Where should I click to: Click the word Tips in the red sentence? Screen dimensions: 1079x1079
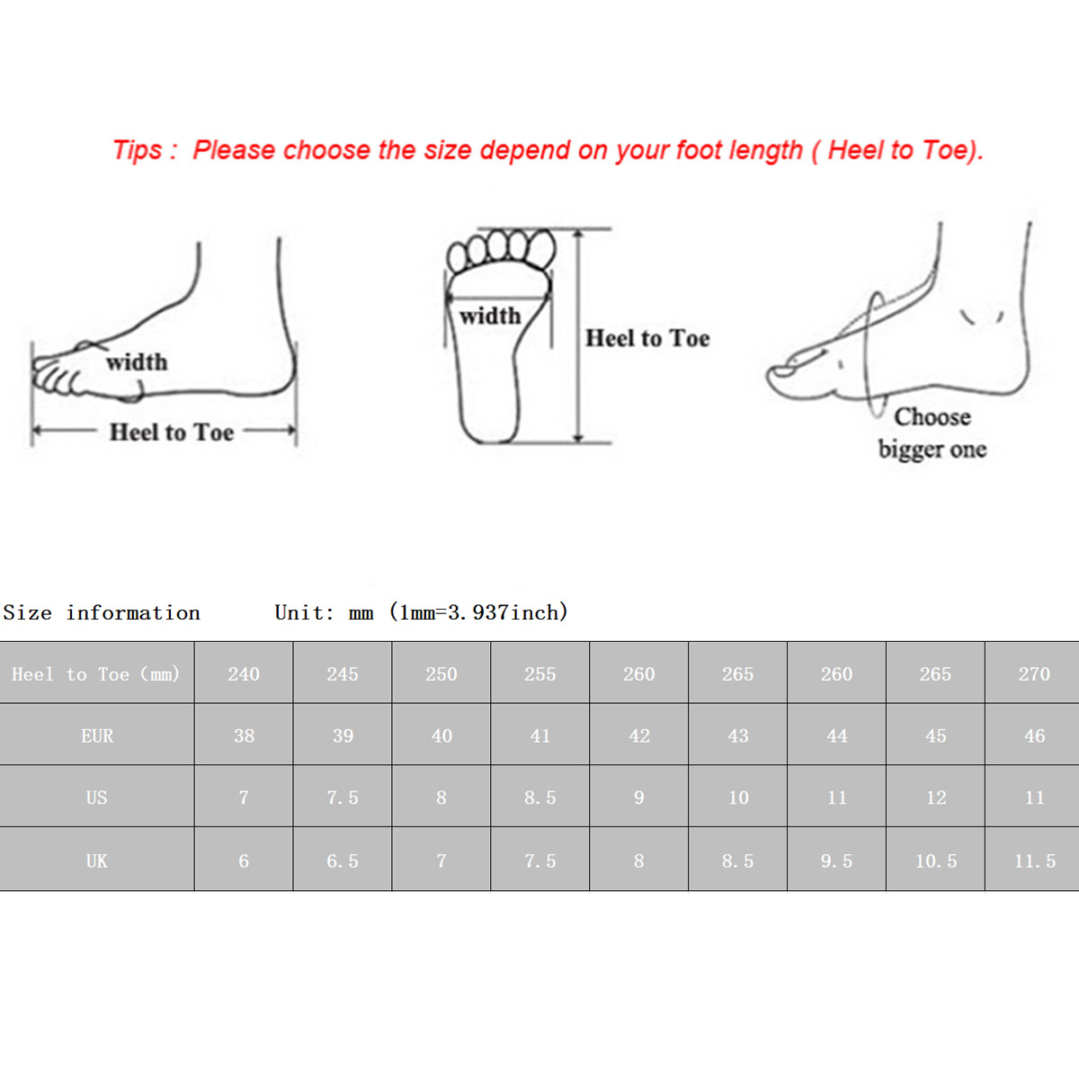138,150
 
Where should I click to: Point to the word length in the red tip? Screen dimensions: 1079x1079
766,151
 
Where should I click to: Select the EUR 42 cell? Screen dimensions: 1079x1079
639,736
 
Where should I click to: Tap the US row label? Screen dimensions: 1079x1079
96,798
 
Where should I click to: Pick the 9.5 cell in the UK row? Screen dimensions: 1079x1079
836,861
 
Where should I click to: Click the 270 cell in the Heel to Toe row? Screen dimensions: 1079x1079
1034,673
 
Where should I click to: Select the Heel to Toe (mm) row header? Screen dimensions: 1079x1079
96,673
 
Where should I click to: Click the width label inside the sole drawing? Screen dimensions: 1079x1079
491,317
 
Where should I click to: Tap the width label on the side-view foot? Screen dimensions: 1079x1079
137,362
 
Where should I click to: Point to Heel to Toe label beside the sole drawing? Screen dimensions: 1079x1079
647,338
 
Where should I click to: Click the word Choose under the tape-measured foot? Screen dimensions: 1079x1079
932,417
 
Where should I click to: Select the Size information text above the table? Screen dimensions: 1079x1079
102,612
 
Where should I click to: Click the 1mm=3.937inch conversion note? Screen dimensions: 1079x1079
479,612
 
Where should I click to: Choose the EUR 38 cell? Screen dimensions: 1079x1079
244,736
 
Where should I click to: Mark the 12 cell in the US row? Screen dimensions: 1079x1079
936,798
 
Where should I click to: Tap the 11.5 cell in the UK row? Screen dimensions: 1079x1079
1034,861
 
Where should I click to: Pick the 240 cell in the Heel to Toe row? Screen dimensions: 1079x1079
244,673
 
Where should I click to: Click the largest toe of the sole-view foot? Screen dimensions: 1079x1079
541,250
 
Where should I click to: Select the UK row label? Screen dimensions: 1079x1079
96,861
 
